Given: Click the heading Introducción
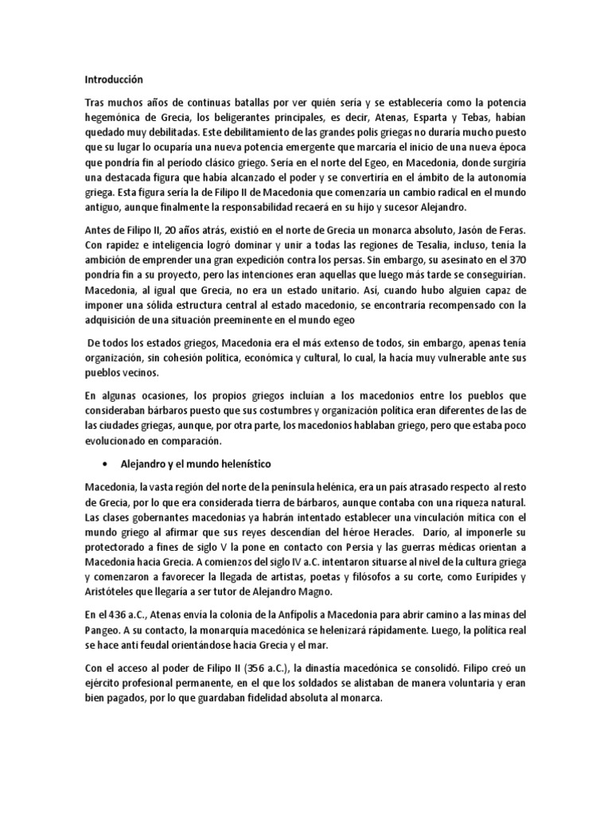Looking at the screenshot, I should tap(115, 80).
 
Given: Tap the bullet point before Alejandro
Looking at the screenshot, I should tap(105, 462).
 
